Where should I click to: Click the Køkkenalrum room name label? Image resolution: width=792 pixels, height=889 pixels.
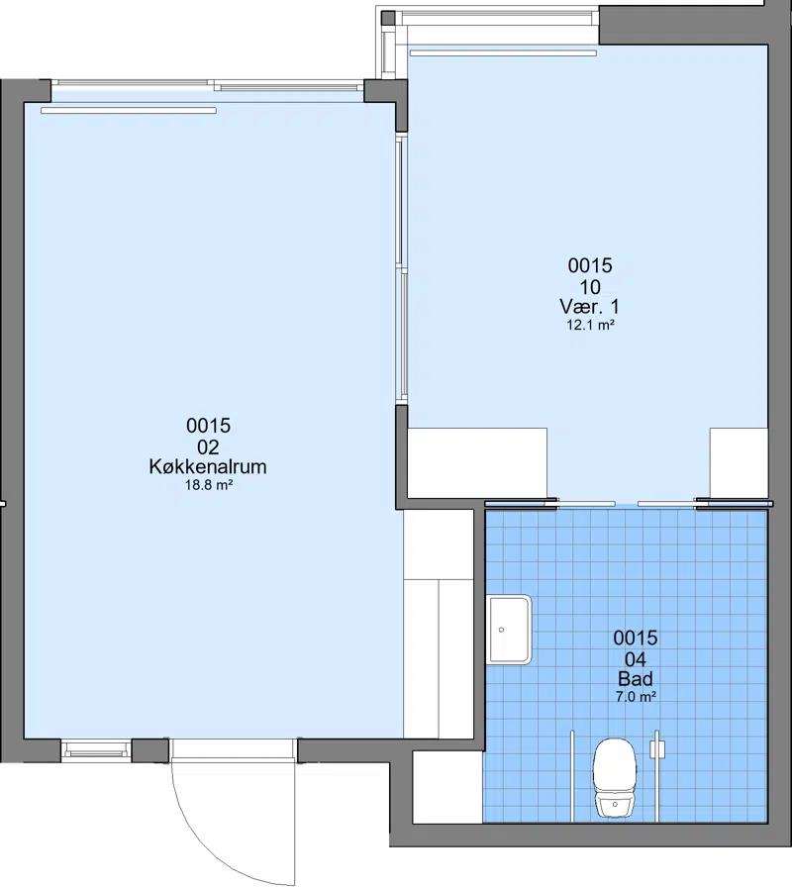[208, 466]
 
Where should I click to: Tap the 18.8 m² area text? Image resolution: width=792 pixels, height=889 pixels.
[209, 485]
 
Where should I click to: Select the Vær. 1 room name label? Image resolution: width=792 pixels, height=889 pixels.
[590, 307]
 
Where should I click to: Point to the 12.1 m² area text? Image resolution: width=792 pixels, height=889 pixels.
[591, 325]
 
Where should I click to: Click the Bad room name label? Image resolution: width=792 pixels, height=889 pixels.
[636, 679]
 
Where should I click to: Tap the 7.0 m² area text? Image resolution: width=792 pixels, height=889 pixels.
[637, 697]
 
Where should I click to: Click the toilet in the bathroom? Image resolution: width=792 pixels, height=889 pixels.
[614, 777]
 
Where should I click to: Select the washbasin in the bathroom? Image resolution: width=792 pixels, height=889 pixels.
[509, 630]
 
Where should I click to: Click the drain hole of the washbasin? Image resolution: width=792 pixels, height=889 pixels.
[501, 630]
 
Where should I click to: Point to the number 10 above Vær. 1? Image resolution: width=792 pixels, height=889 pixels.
[590, 286]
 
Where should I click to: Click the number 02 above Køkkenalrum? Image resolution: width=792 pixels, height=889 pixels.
[208, 446]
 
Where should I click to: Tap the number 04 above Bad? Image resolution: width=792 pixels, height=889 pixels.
[636, 658]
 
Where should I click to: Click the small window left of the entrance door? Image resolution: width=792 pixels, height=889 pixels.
[96, 750]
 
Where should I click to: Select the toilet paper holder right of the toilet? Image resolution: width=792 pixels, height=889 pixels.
[657, 750]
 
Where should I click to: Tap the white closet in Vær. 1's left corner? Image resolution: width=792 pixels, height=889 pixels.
[478, 462]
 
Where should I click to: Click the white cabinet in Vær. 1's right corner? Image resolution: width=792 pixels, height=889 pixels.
[739, 462]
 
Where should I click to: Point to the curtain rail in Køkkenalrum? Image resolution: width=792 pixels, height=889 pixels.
[129, 111]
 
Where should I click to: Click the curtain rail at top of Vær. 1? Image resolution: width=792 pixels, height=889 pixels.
[503, 53]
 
